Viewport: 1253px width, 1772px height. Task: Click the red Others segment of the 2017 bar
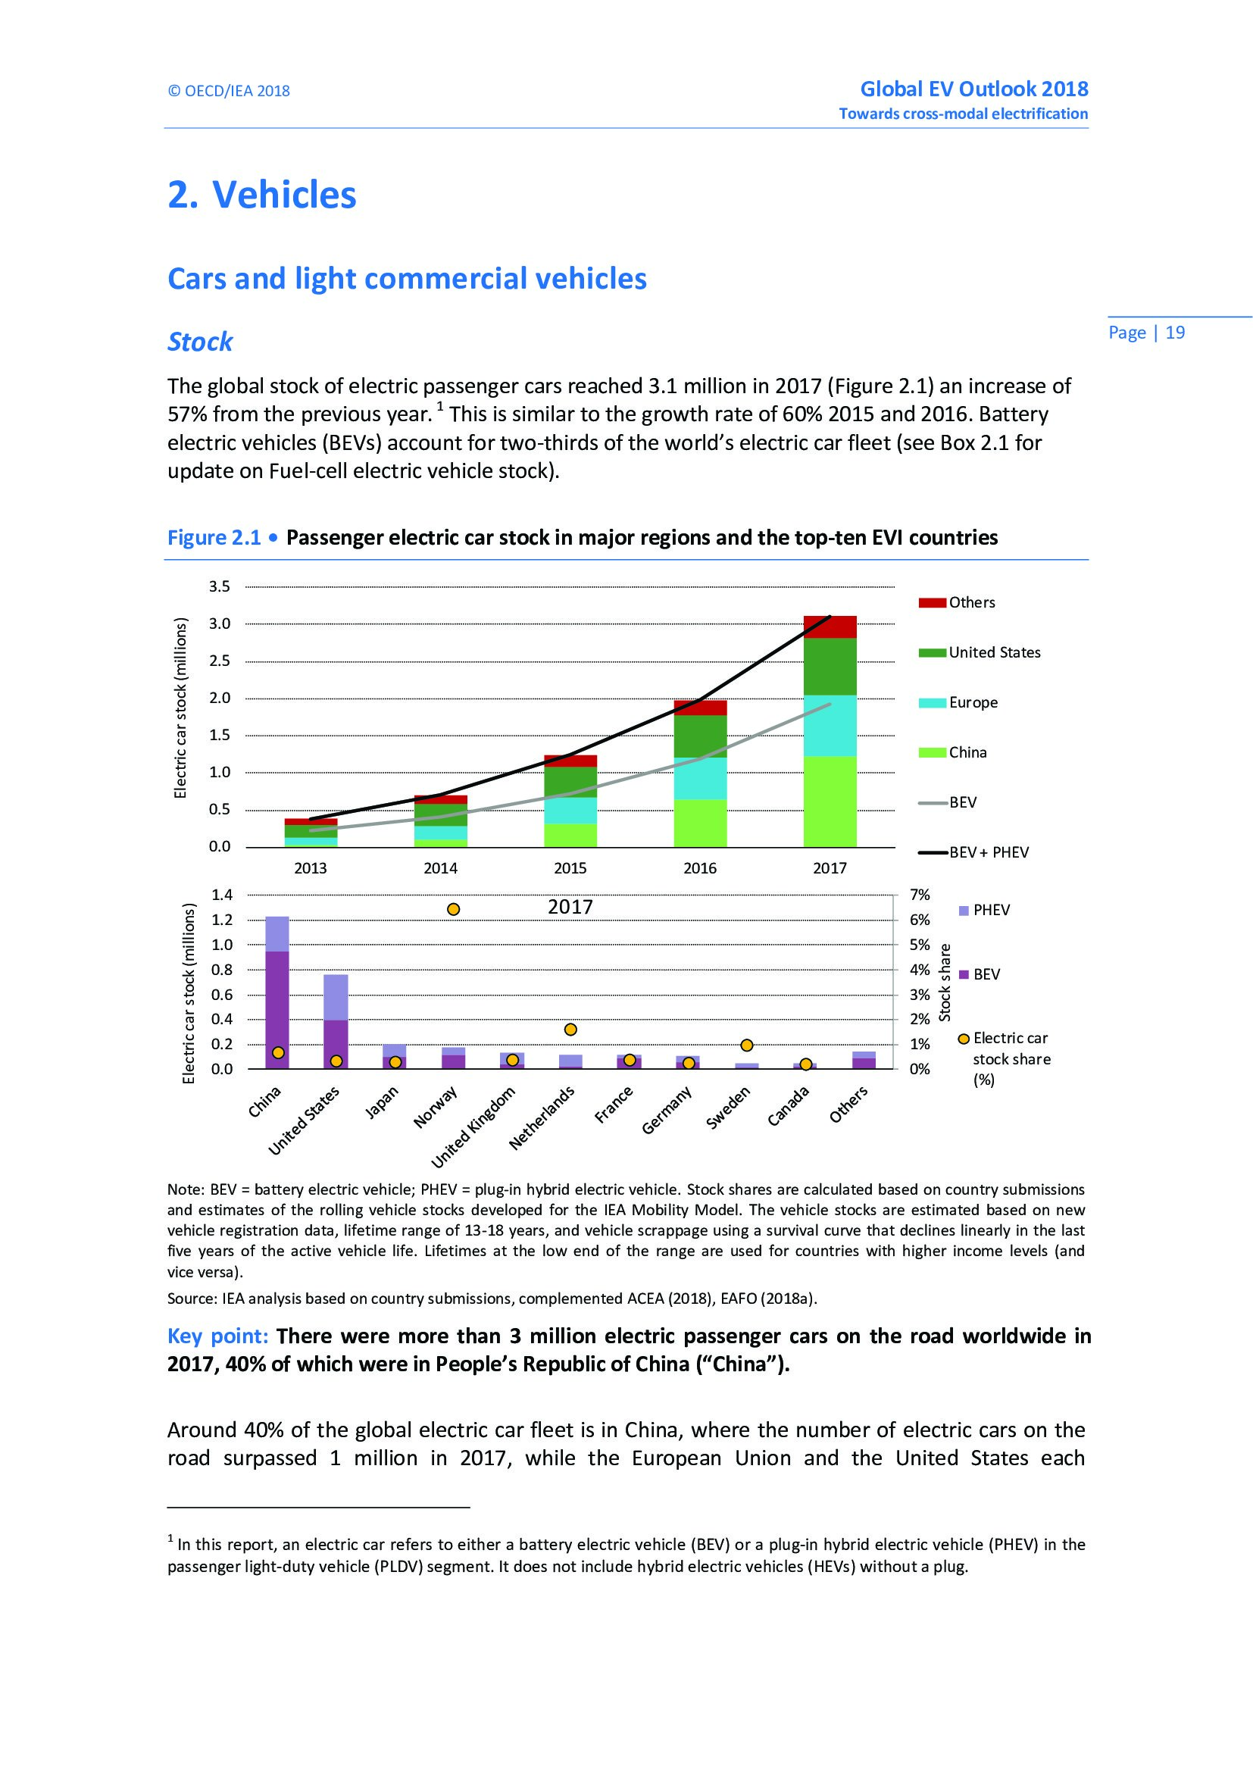coord(830,627)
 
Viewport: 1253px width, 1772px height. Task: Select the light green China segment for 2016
coord(700,823)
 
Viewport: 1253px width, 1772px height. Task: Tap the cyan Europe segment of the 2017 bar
coord(830,726)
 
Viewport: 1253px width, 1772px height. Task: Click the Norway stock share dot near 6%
coord(454,909)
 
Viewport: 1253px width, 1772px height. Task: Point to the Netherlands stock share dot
coord(570,1030)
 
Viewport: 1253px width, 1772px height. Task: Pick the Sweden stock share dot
coord(746,1045)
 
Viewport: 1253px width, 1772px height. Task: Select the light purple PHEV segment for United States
coord(336,997)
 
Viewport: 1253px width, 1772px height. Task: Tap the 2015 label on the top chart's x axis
coord(570,868)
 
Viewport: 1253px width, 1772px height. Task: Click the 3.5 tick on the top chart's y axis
coord(219,586)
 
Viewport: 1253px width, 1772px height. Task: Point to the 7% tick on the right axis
coord(920,895)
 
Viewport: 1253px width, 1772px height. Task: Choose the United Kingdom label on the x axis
coord(473,1128)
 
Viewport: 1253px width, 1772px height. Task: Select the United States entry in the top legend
coord(994,652)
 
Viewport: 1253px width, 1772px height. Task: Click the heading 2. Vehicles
coord(262,195)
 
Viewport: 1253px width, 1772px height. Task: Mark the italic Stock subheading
coord(200,342)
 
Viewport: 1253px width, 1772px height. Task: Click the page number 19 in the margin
coord(1175,333)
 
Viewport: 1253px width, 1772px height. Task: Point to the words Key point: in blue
coord(217,1336)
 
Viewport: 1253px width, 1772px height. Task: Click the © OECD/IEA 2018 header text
coord(228,91)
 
